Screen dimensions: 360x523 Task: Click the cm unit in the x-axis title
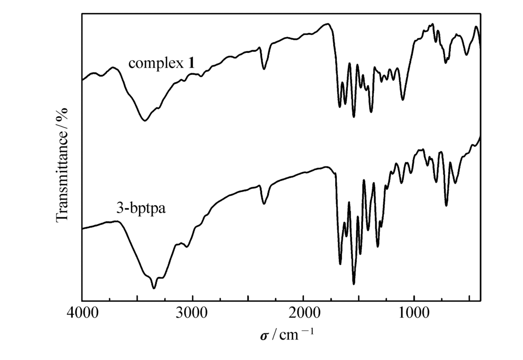(x=287, y=333)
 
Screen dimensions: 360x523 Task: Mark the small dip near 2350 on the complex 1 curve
(x=264, y=69)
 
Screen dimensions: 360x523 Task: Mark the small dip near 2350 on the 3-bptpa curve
(x=264, y=204)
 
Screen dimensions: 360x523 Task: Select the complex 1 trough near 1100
(x=403, y=99)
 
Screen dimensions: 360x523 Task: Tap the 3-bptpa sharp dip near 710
(x=446, y=205)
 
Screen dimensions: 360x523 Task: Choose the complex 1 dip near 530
(x=467, y=54)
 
